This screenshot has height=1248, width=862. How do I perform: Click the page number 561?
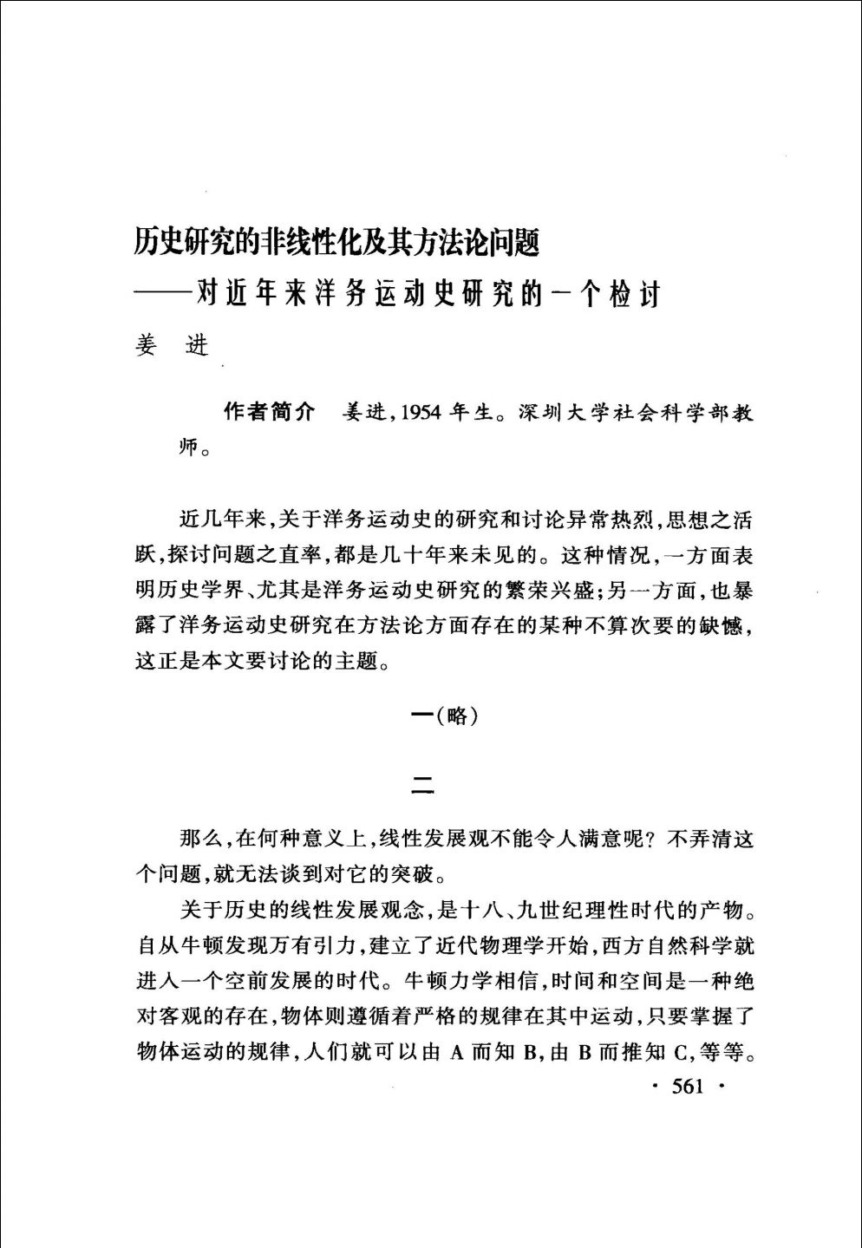click(x=688, y=1086)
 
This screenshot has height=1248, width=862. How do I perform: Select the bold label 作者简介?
click(x=269, y=413)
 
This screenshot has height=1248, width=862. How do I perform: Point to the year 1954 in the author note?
click(x=420, y=414)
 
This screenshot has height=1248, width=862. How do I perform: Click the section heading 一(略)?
click(x=444, y=715)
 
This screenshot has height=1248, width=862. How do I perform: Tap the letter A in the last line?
click(x=457, y=1053)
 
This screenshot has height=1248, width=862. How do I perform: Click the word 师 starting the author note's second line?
click(x=188, y=448)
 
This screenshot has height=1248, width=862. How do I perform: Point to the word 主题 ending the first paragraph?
click(x=356, y=661)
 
